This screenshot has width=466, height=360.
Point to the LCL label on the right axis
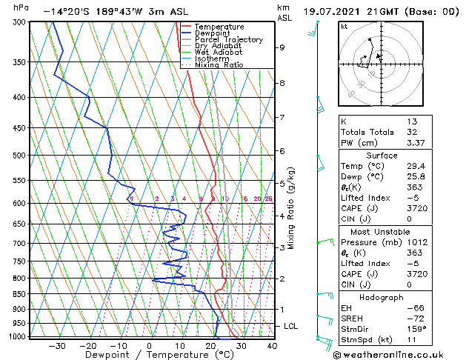(x=291, y=326)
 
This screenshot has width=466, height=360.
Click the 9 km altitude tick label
(x=282, y=47)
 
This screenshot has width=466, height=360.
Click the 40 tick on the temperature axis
(x=272, y=346)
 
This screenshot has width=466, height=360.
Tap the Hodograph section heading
(x=382, y=297)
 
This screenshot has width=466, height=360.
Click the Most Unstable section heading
(x=382, y=231)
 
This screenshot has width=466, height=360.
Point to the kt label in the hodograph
(x=344, y=27)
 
